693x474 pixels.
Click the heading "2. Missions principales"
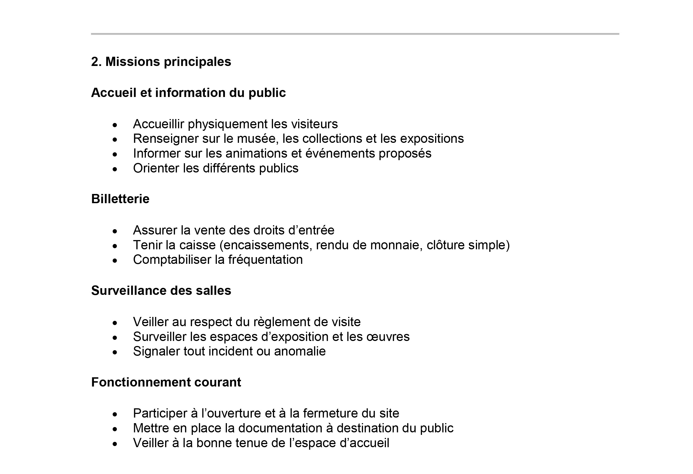coord(161,62)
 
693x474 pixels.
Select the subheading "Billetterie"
coord(120,199)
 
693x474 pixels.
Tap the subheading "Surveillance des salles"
coord(161,291)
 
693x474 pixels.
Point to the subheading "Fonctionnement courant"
coord(166,382)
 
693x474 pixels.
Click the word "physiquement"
coord(227,124)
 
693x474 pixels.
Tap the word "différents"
coord(229,168)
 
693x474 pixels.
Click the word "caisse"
coord(198,245)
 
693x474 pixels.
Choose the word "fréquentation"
coord(265,260)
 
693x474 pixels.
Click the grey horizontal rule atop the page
coord(355,34)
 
